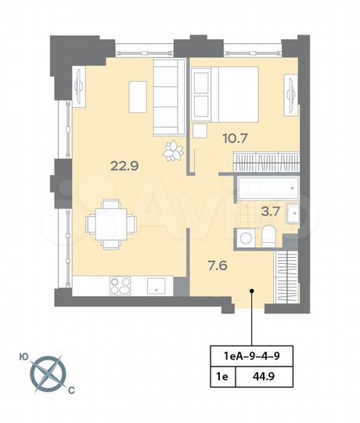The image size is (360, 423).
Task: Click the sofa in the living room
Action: [166, 99]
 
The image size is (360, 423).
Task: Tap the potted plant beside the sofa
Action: [171, 150]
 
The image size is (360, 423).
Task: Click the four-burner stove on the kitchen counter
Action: [121, 284]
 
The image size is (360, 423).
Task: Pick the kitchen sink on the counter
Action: [156, 284]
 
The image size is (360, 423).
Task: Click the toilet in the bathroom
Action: [268, 236]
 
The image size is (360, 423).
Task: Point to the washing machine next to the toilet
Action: [246, 237]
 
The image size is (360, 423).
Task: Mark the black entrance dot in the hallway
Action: [251, 291]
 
